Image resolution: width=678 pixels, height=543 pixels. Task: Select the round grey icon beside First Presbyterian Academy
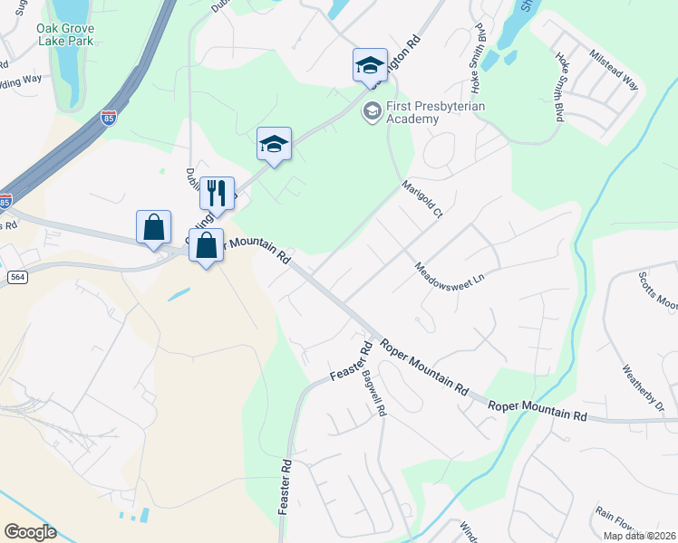(371, 111)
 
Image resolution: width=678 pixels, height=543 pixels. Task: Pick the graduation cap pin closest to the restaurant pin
(274, 144)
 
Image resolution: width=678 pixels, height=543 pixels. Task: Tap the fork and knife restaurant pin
(217, 194)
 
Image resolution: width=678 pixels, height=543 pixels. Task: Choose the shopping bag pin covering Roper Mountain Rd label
(207, 244)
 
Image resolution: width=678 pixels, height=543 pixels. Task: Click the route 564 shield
(16, 275)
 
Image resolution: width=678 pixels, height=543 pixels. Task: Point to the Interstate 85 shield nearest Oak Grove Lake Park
(108, 119)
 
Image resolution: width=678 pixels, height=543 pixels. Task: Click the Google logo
(30, 532)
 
